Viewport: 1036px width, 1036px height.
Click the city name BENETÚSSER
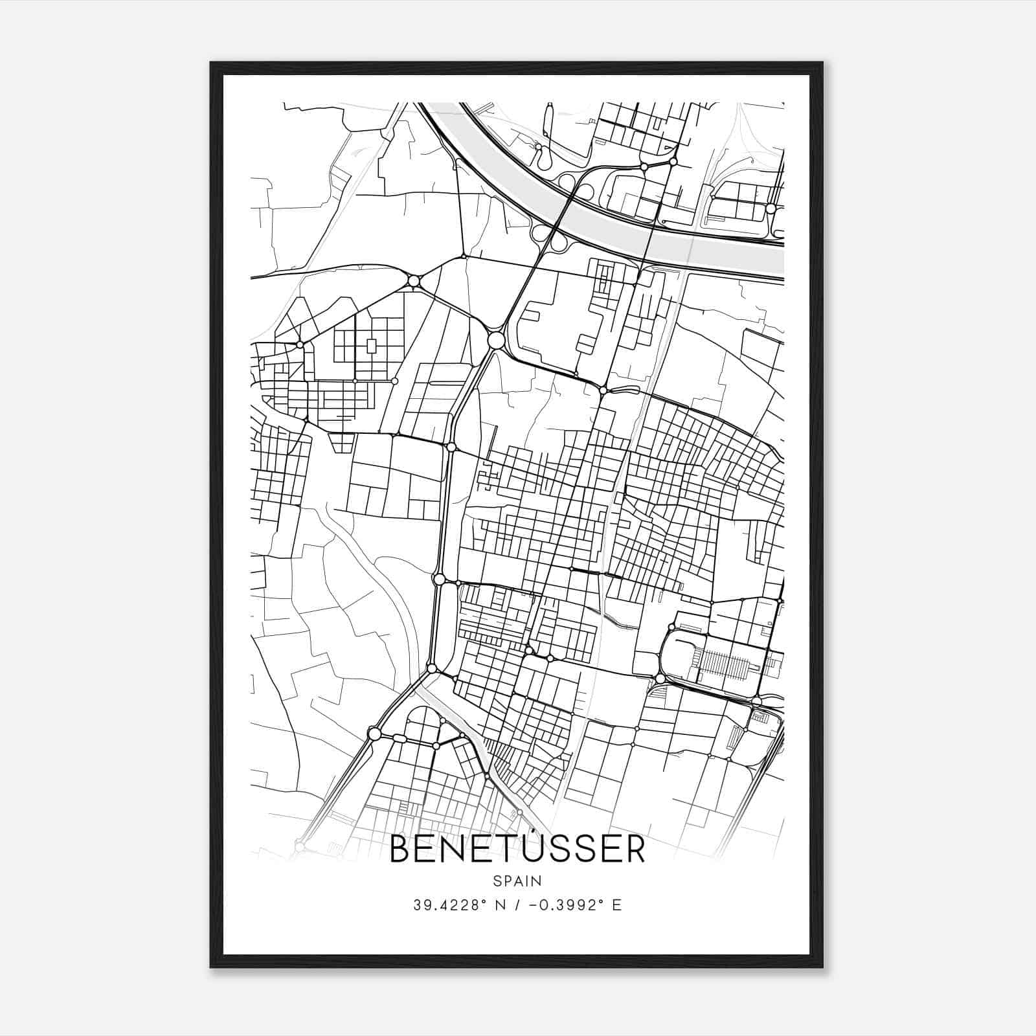point(517,849)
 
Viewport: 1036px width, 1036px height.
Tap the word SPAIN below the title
point(517,881)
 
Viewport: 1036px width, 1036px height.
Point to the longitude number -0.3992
point(563,905)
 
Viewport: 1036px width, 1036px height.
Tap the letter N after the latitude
point(501,905)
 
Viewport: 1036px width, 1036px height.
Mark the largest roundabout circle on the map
point(496,340)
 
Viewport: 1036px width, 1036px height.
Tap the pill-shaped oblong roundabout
point(400,739)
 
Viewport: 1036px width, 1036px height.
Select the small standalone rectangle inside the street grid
point(371,346)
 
